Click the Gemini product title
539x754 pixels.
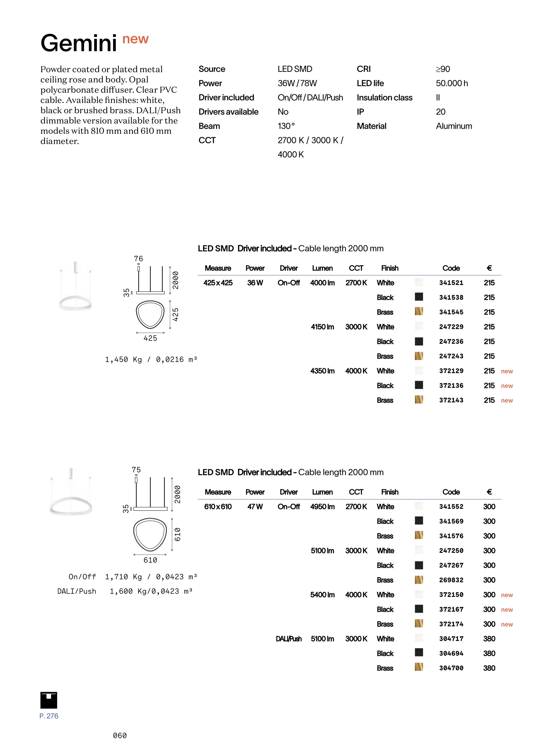coord(79,43)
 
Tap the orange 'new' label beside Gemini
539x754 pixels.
coord(135,39)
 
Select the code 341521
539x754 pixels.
coord(451,283)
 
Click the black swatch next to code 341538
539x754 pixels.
coord(418,297)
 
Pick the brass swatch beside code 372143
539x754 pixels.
coord(418,400)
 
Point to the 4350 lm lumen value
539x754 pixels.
coord(322,371)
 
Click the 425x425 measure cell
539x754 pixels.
coord(218,283)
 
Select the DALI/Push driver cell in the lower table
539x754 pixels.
coord(289,639)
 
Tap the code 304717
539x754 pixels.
coord(451,639)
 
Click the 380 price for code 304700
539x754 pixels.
coord(489,668)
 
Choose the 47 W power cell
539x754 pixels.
coord(255,507)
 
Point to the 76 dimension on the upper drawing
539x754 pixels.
coord(138,259)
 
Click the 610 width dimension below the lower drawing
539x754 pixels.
coord(150,560)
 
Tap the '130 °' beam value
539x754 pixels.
coord(286,126)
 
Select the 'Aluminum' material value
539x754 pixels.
coord(454,126)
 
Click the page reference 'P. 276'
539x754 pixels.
coord(49,716)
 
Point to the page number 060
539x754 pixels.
coord(120,736)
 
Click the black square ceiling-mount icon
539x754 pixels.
coord(49,700)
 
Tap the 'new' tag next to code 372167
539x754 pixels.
coord(507,610)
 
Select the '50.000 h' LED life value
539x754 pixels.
coord(452,83)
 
